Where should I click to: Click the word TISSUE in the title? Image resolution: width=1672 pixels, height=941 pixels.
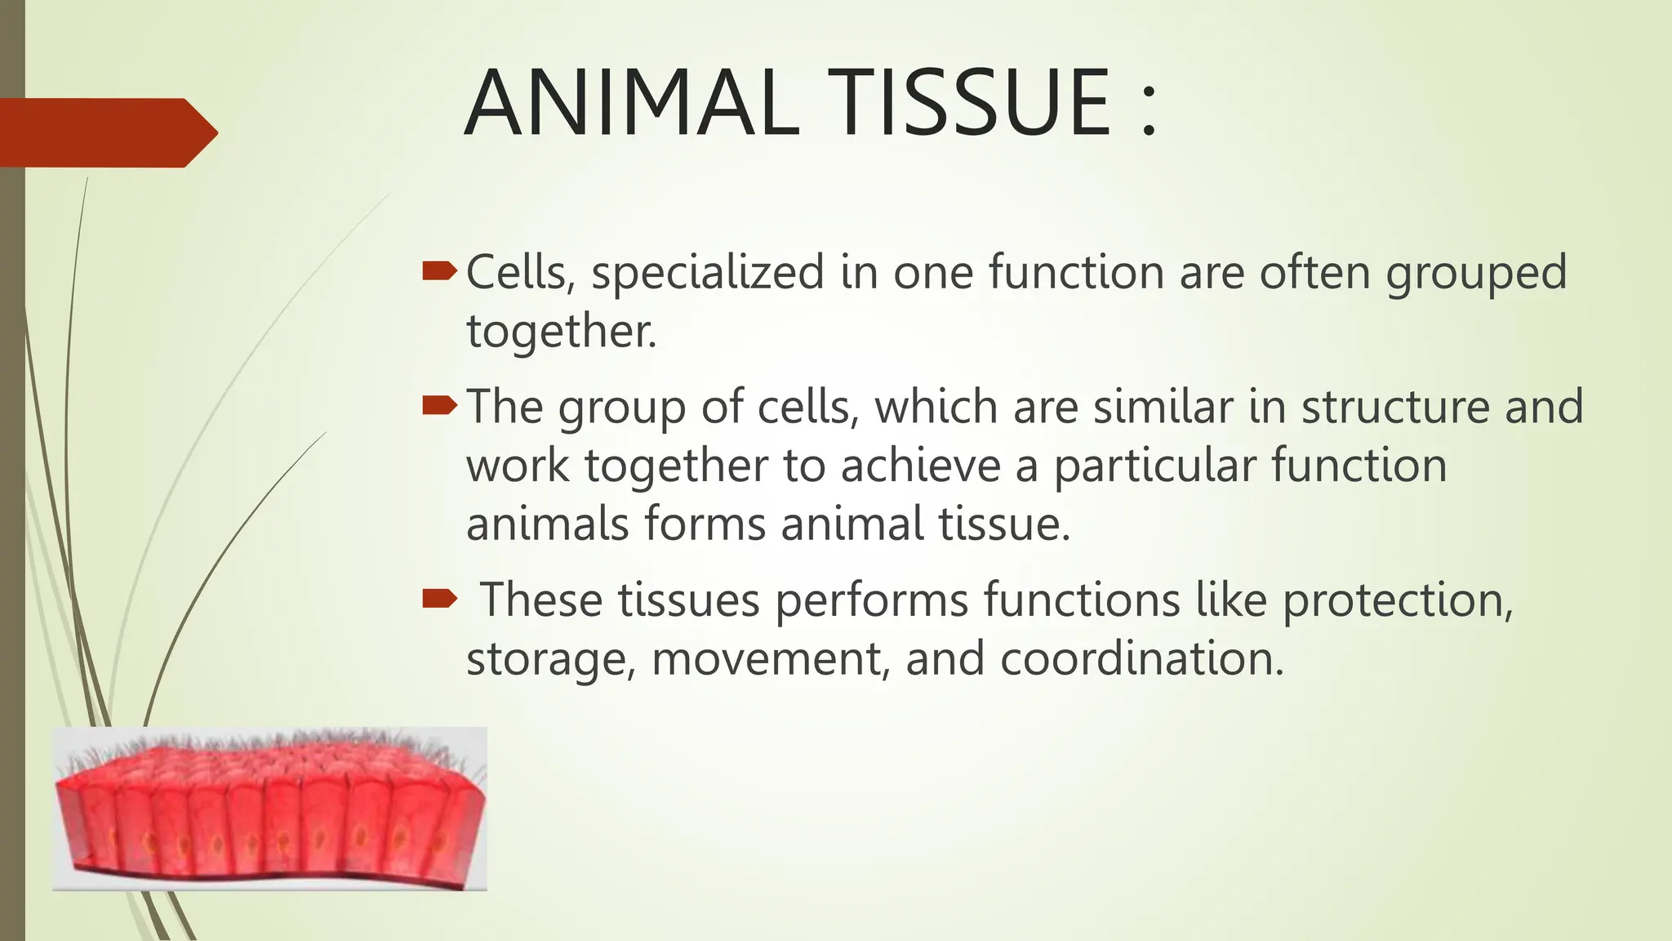(968, 104)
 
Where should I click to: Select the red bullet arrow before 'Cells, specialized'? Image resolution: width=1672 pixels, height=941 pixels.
(439, 272)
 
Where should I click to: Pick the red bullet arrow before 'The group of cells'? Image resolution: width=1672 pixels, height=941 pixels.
(439, 406)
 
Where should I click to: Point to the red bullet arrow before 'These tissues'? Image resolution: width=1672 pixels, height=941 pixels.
(439, 600)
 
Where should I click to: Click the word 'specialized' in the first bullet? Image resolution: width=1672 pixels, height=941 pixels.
(708, 274)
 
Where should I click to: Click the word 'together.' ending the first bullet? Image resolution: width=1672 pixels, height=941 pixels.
(562, 332)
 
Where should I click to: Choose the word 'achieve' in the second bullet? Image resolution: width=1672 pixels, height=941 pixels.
(921, 466)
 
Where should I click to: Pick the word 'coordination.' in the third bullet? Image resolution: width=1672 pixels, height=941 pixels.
(1142, 659)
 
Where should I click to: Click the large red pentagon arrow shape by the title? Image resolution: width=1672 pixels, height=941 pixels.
(106, 132)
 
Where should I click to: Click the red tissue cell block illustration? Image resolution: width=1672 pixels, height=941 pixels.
(269, 809)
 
